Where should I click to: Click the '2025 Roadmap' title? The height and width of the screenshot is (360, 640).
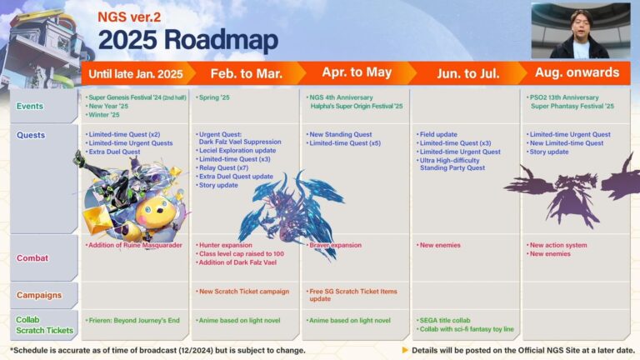187,39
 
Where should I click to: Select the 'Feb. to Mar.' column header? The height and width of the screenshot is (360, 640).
246,73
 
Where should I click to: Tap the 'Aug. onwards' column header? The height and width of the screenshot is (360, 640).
573,73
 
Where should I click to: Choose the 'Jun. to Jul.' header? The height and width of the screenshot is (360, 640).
467,73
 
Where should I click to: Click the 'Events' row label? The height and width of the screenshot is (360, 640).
30,107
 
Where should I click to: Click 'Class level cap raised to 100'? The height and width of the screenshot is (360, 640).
242,253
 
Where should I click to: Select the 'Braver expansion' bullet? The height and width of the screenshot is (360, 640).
337,245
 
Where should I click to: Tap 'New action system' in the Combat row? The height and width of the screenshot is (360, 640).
557,245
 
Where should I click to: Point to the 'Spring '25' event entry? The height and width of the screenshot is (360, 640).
215,97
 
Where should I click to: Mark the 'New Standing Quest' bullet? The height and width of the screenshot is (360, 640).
342,134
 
